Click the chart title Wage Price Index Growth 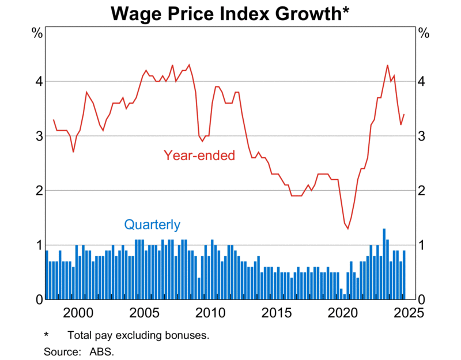click(x=231, y=13)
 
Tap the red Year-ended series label click(x=199, y=155)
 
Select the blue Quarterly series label click(x=152, y=225)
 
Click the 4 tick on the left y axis click(x=38, y=81)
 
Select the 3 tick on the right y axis click(x=422, y=136)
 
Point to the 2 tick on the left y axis click(x=38, y=191)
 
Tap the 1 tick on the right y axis click(x=422, y=245)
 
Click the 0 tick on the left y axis click(x=38, y=300)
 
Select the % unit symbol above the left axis click(x=37, y=33)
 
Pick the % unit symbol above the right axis click(x=424, y=33)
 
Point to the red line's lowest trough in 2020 click(x=347, y=228)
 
